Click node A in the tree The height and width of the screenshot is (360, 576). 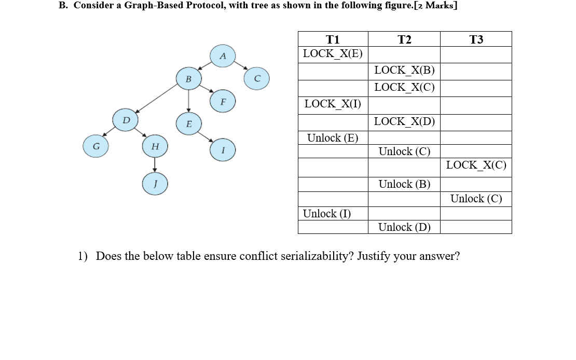coord(223,56)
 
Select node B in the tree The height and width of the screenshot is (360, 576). coord(188,79)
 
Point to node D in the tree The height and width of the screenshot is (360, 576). coord(125,120)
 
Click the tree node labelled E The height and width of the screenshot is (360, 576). coord(188,124)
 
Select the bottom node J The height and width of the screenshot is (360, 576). coord(155,185)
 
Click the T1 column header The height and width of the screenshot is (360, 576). coord(333,39)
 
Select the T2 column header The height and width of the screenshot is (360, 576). coord(404,39)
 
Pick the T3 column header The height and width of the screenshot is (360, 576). coord(476,39)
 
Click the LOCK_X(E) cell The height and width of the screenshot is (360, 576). coord(333,53)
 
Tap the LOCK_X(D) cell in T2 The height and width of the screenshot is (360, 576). coord(404,122)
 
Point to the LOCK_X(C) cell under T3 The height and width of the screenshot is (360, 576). coord(476,165)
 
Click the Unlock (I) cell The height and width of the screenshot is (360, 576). coord(327,213)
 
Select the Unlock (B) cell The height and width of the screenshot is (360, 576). coord(404,184)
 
